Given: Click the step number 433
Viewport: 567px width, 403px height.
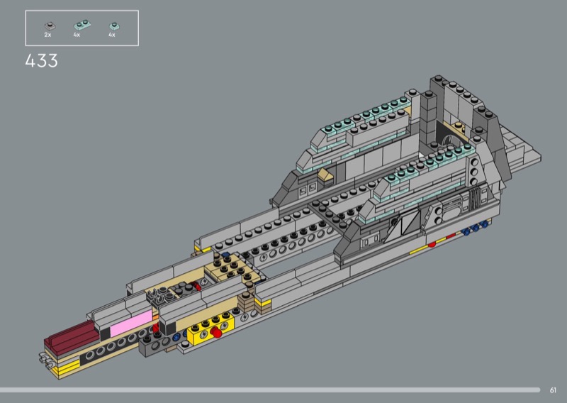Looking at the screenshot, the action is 41,60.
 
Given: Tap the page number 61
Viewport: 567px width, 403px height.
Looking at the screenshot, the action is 553,390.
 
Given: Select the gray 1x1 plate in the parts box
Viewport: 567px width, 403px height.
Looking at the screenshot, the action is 50,26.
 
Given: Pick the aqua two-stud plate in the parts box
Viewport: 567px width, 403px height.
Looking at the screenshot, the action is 82,25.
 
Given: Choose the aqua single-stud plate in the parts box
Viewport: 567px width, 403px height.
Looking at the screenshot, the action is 115,26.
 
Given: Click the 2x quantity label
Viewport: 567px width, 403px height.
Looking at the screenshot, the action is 47,35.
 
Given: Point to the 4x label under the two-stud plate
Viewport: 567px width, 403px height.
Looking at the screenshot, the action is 77,35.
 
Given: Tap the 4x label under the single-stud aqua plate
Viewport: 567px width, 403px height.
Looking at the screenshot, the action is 112,35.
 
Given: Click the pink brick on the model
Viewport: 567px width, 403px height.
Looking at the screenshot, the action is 131,323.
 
